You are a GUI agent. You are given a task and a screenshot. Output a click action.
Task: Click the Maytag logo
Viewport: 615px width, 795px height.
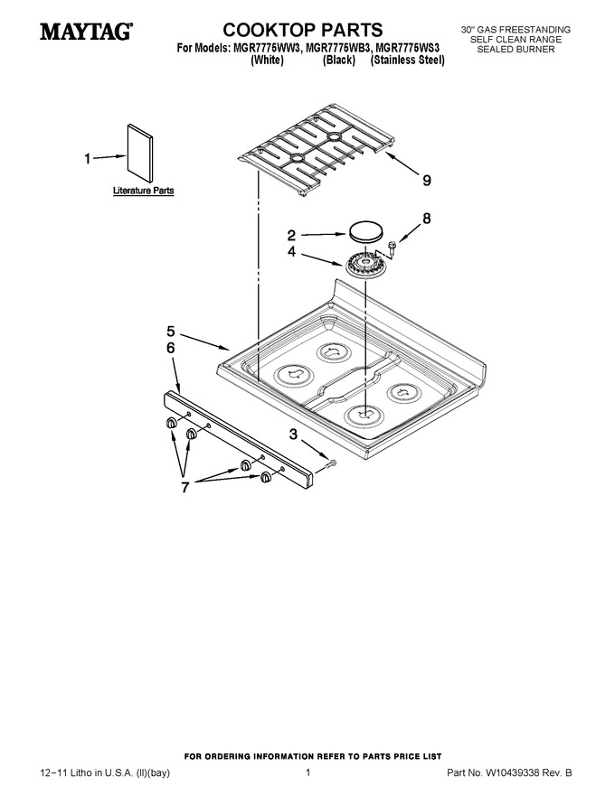coord(86,32)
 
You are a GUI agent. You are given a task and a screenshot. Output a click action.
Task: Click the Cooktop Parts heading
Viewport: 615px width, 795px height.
coord(302,30)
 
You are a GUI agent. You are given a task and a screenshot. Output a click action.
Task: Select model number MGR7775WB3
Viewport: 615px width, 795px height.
coord(338,49)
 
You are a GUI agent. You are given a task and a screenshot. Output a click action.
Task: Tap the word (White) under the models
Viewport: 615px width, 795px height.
coord(267,61)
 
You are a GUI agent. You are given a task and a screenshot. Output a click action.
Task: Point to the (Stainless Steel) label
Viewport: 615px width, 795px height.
coord(408,61)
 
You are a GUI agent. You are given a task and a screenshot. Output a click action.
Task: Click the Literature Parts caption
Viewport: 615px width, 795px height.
coord(143,191)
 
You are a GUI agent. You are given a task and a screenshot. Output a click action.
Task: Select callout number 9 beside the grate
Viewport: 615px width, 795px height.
coord(427,180)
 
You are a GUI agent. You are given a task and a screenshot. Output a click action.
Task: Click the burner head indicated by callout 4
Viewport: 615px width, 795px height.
coord(366,263)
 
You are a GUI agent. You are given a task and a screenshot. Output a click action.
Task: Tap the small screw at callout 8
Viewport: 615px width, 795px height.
coord(393,247)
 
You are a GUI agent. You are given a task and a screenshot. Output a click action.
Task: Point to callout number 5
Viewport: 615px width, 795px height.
coord(171,332)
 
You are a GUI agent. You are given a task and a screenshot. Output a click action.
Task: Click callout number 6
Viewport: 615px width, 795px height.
coord(171,348)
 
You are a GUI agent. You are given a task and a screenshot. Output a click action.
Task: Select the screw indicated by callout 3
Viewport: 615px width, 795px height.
coord(332,463)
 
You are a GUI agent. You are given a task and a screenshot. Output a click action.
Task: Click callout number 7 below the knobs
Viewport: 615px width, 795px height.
coord(185,487)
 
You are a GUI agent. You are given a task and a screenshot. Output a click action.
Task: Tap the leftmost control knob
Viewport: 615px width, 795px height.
coord(172,423)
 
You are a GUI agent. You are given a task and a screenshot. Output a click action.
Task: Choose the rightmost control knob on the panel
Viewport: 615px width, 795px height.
coord(265,477)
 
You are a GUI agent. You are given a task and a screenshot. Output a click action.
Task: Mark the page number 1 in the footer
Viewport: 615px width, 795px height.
coord(308,772)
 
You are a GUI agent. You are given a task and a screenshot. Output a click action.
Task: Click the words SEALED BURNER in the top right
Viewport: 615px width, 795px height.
coord(516,49)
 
